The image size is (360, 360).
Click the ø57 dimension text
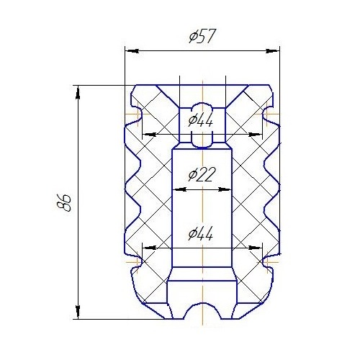tap(202, 37)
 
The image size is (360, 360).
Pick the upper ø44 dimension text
tap(202, 120)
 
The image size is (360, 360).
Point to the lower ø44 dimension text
tap(202, 234)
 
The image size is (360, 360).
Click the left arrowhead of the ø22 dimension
tap(176, 189)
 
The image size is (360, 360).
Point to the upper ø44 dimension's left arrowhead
tap(147, 135)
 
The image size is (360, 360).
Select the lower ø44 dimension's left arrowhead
tap(147, 248)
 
